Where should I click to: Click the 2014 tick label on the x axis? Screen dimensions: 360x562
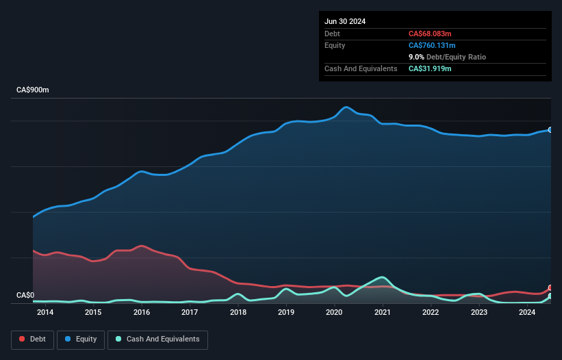click(45, 313)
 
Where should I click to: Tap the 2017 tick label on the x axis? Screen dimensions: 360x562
click(190, 313)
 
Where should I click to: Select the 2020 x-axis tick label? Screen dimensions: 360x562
click(334, 313)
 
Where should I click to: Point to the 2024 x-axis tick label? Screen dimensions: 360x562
click(527, 313)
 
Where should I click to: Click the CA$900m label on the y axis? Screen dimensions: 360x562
click(33, 90)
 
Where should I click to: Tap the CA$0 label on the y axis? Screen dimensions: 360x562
click(25, 296)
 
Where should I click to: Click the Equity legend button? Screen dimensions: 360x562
click(81, 339)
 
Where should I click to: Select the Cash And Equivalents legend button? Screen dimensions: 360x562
click(157, 339)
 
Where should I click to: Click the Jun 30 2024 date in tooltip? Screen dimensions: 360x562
click(345, 21)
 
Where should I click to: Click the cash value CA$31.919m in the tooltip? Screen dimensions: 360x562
click(430, 68)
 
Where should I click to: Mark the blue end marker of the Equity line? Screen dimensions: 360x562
click(550, 129)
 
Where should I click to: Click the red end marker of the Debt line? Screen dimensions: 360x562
click(550, 288)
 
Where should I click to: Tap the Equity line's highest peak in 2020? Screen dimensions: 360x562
click(346, 107)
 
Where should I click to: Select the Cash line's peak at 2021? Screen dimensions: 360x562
click(383, 277)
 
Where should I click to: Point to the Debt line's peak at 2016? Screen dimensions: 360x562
click(141, 246)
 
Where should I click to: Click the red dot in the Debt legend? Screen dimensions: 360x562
click(22, 339)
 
